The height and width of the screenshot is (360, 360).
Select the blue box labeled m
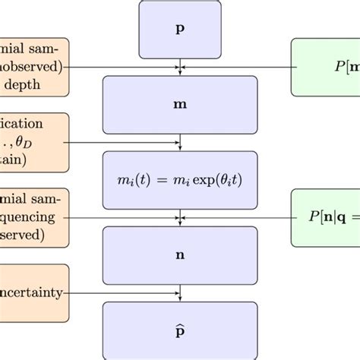tap(180, 101)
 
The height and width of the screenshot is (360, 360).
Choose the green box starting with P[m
tap(327, 68)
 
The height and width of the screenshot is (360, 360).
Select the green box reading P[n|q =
tap(327, 218)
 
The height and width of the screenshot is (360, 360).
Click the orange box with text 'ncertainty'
tap(34, 292)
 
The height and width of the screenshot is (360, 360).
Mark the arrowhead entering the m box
tap(180, 74)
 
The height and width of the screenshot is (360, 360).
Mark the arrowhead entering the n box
tap(180, 223)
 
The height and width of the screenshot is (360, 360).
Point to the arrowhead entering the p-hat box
tap(180, 298)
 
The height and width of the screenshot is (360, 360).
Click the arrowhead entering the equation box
tap(180, 147)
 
